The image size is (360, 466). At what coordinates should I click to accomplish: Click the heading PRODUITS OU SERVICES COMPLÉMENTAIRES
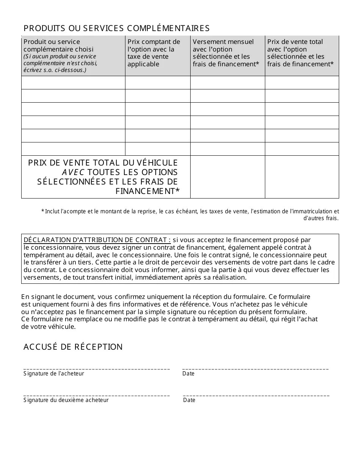pyautogui.click(x=116, y=28)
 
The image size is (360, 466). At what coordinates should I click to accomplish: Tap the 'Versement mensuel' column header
pyautogui.click(x=226, y=53)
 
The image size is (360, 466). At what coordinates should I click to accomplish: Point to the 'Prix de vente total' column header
pyautogui.click(x=301, y=53)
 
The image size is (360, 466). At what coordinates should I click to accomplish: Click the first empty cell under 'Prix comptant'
pyautogui.click(x=158, y=83)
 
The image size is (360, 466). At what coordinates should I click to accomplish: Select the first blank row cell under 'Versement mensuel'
pyautogui.click(x=227, y=83)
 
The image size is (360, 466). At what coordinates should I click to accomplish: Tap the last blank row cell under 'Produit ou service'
pyautogui.click(x=73, y=149)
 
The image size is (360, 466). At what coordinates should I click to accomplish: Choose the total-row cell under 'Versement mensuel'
pyautogui.click(x=227, y=177)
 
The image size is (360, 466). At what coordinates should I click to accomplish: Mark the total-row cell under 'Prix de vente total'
pyautogui.click(x=302, y=177)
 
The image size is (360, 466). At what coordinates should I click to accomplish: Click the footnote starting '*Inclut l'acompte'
pyautogui.click(x=189, y=214)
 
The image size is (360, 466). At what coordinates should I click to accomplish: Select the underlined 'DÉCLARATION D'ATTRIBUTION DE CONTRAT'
pyautogui.click(x=97, y=240)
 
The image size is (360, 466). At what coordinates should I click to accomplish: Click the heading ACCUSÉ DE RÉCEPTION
pyautogui.click(x=73, y=347)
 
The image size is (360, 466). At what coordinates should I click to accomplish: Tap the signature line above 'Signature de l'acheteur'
pyautogui.click(x=97, y=368)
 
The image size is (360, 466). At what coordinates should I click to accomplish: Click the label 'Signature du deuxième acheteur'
pyautogui.click(x=66, y=400)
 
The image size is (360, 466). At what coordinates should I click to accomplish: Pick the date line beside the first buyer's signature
pyautogui.click(x=255, y=368)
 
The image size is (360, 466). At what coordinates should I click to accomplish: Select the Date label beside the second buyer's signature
pyautogui.click(x=189, y=400)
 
